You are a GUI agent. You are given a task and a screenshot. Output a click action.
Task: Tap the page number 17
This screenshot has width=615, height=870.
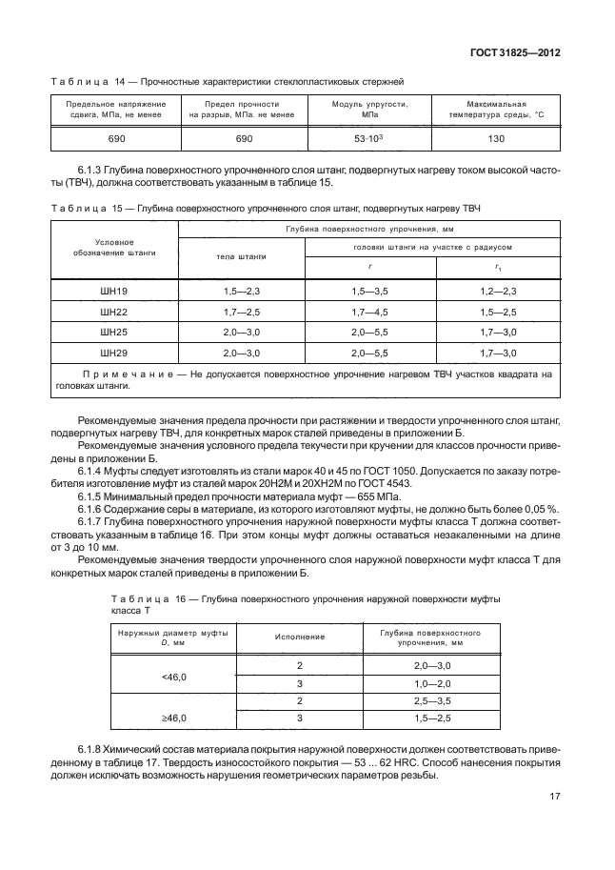553,799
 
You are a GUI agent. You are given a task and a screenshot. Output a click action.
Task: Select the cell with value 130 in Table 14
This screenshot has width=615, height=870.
496,139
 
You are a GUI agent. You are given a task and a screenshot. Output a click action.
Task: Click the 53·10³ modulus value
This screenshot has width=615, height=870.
368,139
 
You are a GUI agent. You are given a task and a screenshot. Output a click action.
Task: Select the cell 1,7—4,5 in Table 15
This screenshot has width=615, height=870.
369,311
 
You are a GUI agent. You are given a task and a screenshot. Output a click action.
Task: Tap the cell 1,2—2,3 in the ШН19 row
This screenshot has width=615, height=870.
498,290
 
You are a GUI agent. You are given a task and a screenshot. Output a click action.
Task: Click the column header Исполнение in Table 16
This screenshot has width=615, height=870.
300,635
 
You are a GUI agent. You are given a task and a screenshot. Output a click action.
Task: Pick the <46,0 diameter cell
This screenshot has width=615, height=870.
175,676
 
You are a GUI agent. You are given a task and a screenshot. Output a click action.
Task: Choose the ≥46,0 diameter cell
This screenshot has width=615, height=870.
175,717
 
